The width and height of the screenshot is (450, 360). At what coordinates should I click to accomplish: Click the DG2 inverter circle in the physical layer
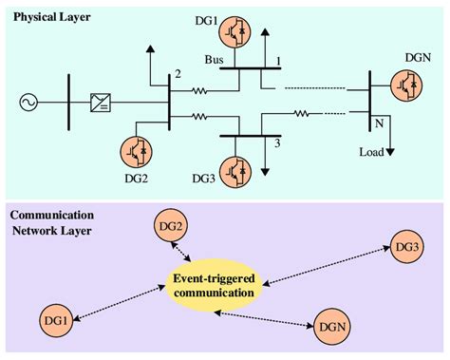point(138,153)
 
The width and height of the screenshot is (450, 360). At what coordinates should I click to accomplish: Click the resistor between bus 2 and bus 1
point(200,91)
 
